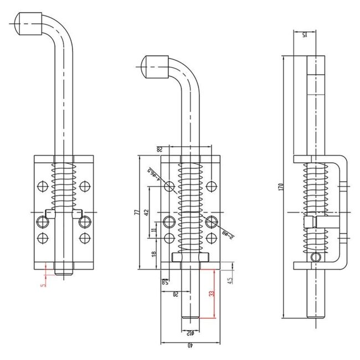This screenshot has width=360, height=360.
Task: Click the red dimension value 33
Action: [211, 295]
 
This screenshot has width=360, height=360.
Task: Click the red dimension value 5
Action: [43, 285]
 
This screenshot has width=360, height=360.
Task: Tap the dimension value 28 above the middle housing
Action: [158, 148]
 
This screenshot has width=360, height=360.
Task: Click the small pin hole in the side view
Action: [316, 256]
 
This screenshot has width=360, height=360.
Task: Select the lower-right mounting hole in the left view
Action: [84, 238]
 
